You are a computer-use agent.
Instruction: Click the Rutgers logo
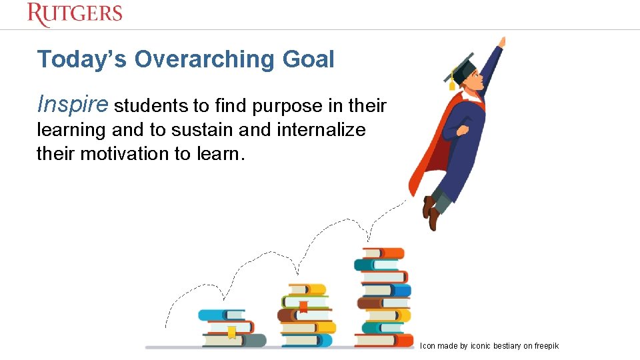click(x=75, y=14)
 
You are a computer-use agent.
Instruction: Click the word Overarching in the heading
click(x=204, y=60)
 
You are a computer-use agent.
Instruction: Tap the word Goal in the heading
click(x=308, y=60)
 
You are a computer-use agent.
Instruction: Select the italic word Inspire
click(x=73, y=105)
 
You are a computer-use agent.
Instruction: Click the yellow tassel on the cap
click(x=452, y=83)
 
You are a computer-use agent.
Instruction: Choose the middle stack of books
click(x=306, y=315)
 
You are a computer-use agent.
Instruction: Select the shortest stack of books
click(x=230, y=328)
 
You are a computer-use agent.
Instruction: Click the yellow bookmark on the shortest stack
click(x=231, y=332)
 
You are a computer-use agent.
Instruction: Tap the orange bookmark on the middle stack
click(x=303, y=306)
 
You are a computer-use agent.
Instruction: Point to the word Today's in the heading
click(x=83, y=60)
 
